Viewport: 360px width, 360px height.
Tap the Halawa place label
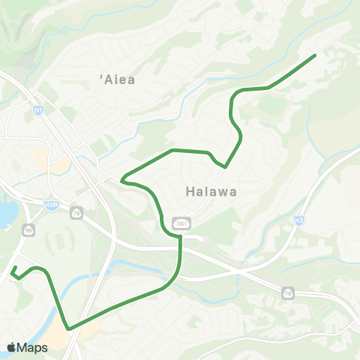(x=211, y=191)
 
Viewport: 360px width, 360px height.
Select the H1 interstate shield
(x=37, y=109)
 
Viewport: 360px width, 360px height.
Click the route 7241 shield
(x=180, y=223)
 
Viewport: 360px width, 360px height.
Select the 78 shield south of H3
(x=288, y=293)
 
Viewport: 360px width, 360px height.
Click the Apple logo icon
(x=11, y=347)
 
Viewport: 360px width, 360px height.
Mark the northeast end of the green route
(x=315, y=55)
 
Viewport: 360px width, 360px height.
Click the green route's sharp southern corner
(x=68, y=328)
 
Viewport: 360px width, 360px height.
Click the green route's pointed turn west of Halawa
(x=121, y=180)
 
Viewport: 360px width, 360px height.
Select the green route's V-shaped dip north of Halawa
(x=224, y=166)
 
